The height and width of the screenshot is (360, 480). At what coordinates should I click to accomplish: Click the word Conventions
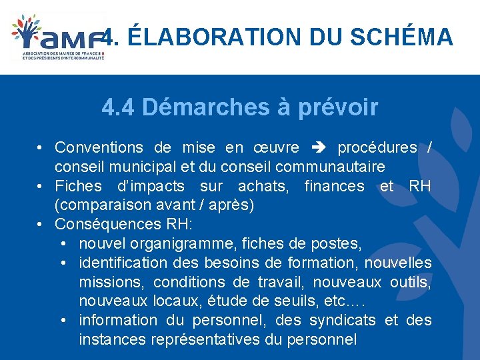(x=99, y=147)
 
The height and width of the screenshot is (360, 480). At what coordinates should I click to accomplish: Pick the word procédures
(x=377, y=147)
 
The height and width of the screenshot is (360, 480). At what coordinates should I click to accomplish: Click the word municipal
(x=151, y=166)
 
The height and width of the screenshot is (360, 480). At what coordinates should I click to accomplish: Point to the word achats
(x=263, y=186)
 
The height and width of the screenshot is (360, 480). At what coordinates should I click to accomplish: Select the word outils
(x=411, y=282)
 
